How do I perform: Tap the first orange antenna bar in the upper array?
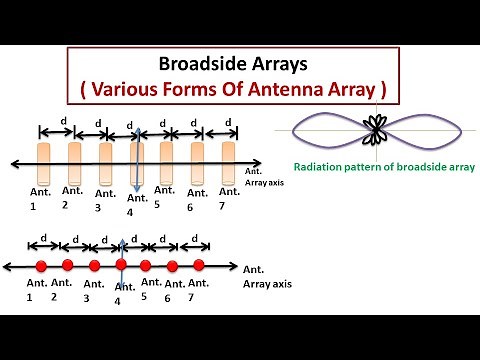(45, 159)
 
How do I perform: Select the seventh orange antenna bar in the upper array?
(228, 159)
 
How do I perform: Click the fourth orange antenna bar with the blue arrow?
(137, 160)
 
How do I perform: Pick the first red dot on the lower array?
(41, 265)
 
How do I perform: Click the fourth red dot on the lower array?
(120, 265)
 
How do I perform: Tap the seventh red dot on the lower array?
(198, 265)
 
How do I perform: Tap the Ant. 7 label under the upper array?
(228, 199)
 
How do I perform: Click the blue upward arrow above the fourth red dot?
(121, 249)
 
